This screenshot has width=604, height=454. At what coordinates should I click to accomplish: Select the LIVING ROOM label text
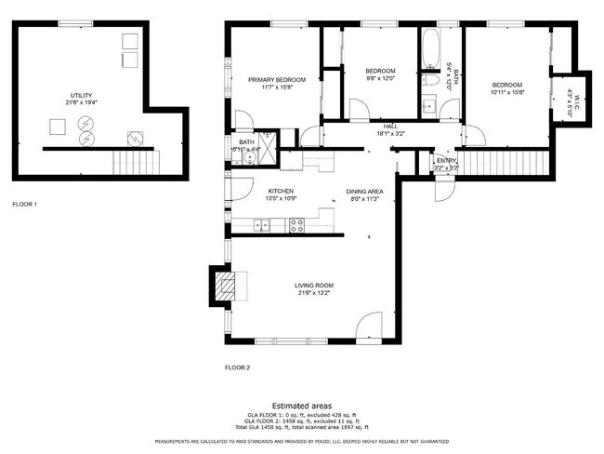coord(314,285)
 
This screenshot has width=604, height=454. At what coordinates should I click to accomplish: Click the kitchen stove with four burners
coord(296,223)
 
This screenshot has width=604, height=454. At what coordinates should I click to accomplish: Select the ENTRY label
coord(446,161)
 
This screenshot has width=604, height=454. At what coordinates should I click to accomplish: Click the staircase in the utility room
coord(129,163)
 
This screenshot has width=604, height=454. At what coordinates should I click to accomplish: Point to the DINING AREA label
coord(363,192)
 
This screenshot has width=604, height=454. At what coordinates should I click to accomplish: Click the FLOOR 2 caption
coord(237,367)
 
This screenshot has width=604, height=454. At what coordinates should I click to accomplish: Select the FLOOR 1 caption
coord(24,203)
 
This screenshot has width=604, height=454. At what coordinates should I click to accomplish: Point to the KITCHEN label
coord(255,190)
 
